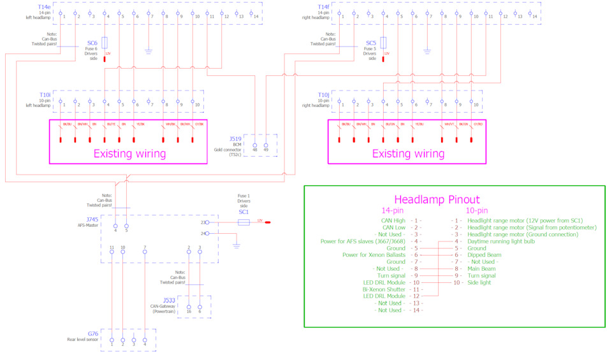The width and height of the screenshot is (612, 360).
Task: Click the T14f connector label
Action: point(323,8)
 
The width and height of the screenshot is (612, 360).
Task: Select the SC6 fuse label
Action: point(92,44)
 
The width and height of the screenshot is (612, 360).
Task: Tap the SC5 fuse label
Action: point(370,44)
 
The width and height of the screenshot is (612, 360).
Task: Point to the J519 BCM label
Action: point(237,138)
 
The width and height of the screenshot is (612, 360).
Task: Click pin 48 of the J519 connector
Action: point(255,145)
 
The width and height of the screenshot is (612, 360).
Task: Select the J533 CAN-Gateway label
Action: point(168,299)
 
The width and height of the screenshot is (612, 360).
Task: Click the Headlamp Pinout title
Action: point(437,199)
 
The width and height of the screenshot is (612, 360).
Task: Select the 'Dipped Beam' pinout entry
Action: point(485,254)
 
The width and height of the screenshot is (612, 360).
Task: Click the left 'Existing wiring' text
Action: point(129,154)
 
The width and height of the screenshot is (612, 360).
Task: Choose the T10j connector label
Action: point(323,95)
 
